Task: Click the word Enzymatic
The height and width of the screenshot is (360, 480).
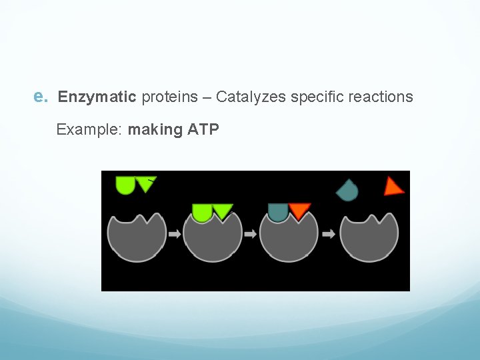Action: [x=97, y=97]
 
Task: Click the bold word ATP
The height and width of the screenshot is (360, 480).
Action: [x=203, y=129]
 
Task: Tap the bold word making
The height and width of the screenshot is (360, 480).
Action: [x=155, y=129]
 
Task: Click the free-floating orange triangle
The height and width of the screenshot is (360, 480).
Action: [x=393, y=187]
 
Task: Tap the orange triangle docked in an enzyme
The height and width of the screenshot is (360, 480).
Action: [x=299, y=211]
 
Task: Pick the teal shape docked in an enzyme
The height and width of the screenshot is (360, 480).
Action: [x=279, y=211]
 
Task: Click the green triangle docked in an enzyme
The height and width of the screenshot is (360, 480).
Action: [x=223, y=211]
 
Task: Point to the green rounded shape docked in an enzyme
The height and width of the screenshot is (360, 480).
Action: [x=202, y=211]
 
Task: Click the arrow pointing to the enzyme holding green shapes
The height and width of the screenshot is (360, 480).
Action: [x=174, y=234]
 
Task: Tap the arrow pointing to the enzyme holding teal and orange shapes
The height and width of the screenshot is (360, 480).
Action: [x=250, y=234]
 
